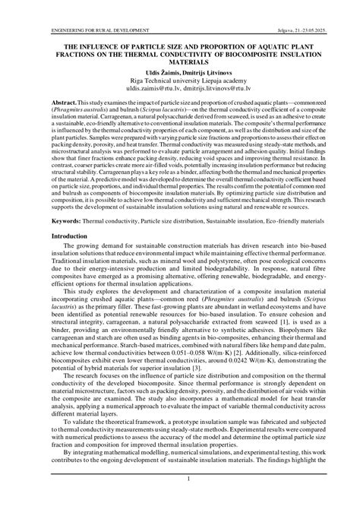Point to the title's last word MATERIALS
[180, 64]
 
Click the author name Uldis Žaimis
[153, 73]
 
